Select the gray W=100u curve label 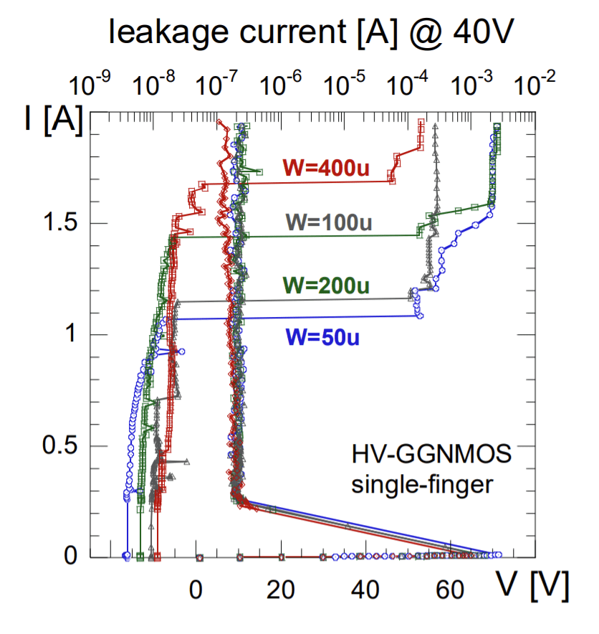pyautogui.click(x=328, y=222)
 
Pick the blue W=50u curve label pyautogui.click(x=322, y=336)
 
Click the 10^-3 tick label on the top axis pyautogui.click(x=470, y=84)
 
